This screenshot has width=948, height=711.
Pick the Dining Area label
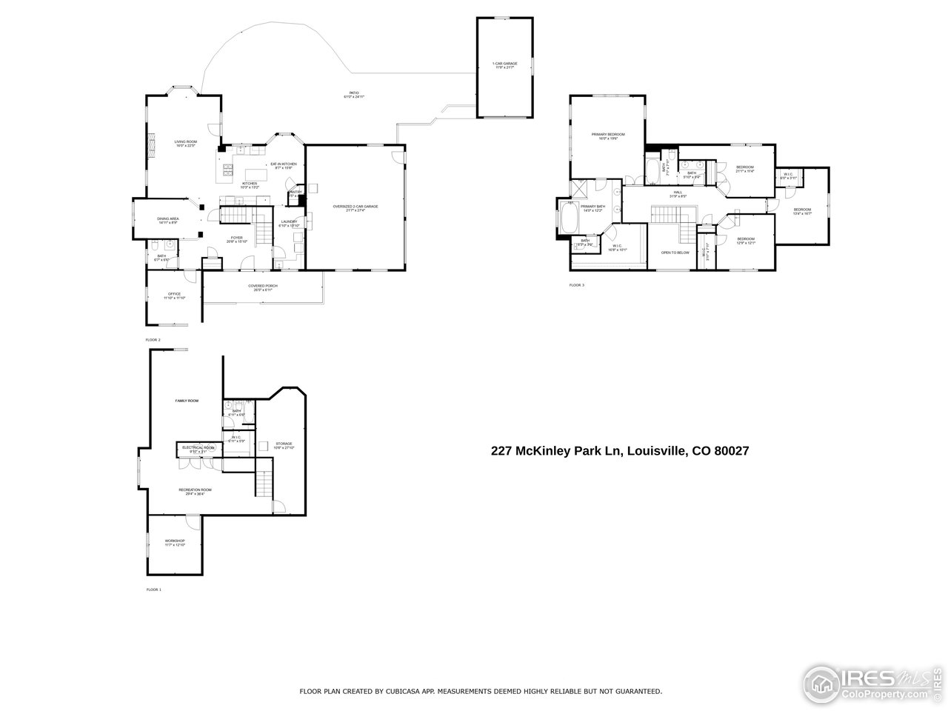click(x=167, y=220)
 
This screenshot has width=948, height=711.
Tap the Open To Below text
click(x=675, y=253)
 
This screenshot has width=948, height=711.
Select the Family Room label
click(x=187, y=401)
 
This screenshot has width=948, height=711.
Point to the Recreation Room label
click(x=196, y=490)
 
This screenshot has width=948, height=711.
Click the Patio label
click(x=355, y=95)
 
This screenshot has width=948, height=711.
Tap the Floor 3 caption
click(x=576, y=284)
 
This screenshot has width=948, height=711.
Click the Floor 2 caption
click(x=153, y=339)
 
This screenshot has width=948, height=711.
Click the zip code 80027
click(x=734, y=450)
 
